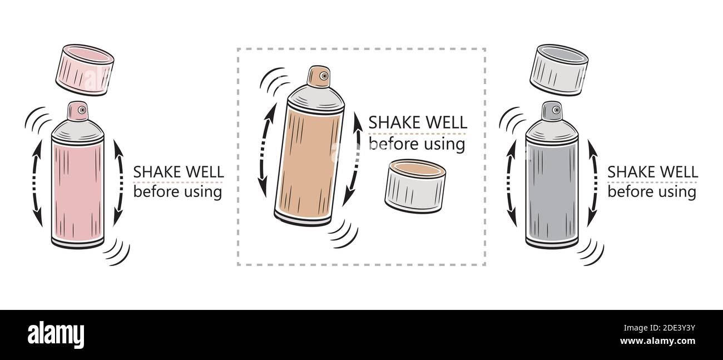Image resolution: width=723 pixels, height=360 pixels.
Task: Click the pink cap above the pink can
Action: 85,70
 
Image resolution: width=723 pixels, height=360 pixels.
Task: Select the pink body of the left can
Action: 78,189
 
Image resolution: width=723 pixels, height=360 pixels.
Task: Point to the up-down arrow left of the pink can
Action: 35,184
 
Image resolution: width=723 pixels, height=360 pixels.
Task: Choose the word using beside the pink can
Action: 202,193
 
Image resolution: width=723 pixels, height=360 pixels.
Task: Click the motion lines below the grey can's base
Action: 591,253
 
